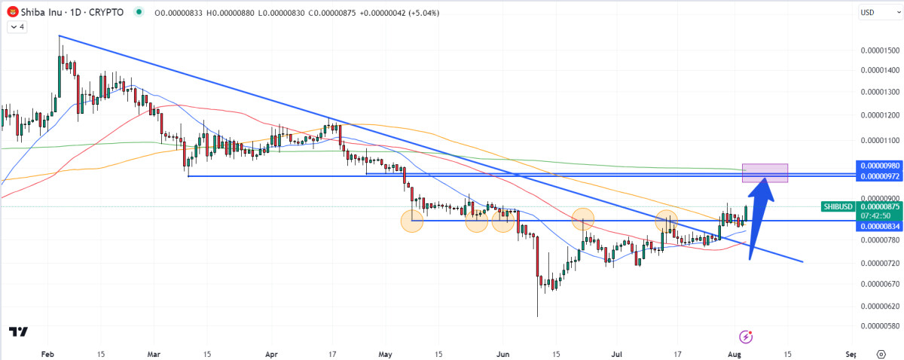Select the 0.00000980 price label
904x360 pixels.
(x=878, y=165)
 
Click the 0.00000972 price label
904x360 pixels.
(x=878, y=176)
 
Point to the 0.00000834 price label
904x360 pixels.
(x=878, y=226)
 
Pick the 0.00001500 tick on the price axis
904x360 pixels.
(x=879, y=50)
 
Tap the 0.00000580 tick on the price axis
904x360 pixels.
(x=879, y=326)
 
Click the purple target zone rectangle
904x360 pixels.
(x=765, y=172)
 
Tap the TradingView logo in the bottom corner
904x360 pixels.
(x=19, y=332)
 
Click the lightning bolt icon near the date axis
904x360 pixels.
(x=747, y=336)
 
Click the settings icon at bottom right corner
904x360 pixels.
(x=881, y=352)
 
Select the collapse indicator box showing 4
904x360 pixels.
(x=17, y=27)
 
